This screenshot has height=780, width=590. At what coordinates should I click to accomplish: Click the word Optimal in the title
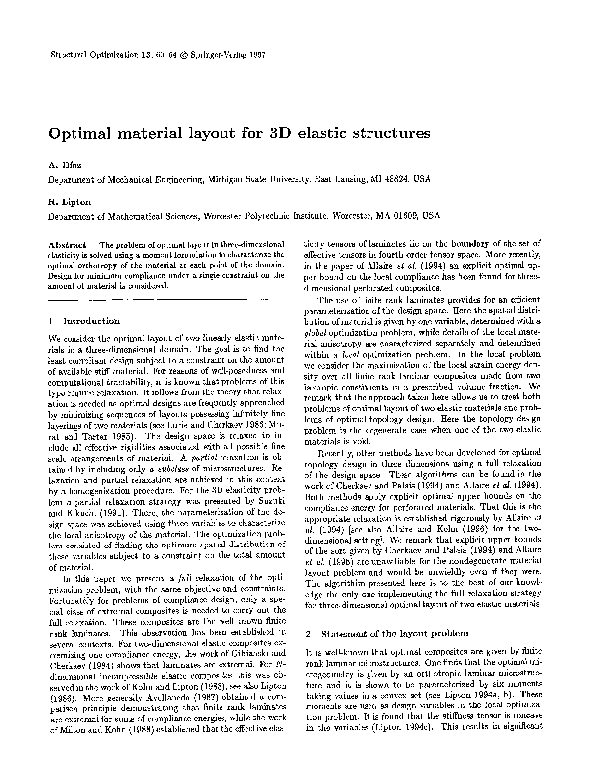tap(82, 131)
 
